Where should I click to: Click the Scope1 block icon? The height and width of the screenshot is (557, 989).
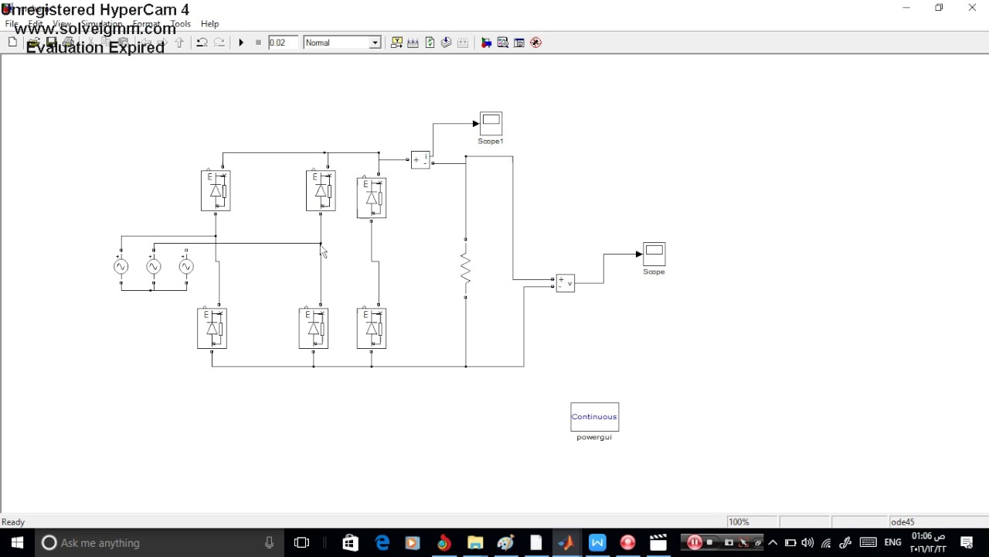coord(491,123)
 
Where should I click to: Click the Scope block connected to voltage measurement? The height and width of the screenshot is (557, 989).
coord(654,254)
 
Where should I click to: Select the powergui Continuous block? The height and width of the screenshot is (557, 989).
coord(594,417)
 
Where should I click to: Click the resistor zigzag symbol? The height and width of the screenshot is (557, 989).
coord(465,268)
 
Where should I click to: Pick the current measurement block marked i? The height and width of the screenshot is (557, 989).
coord(420,160)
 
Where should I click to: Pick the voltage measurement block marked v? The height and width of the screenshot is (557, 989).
coord(565,283)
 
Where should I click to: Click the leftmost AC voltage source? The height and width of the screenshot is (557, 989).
coord(121,267)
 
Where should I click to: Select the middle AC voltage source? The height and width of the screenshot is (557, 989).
coord(154,267)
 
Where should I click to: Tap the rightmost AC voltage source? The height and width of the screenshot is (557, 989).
coord(186,267)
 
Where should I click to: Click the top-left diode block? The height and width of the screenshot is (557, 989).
coord(216,190)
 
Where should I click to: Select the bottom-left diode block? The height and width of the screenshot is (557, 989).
coord(212,328)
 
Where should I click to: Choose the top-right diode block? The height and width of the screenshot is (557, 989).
coord(372,198)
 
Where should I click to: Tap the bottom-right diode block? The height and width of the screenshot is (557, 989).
coord(372,328)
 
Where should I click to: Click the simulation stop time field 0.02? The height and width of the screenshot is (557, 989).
coord(282,43)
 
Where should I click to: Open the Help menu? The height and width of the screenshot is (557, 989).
coord(209,24)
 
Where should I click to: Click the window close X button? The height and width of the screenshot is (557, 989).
coord(972,8)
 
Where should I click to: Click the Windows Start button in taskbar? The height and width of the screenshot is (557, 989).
coord(17,542)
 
